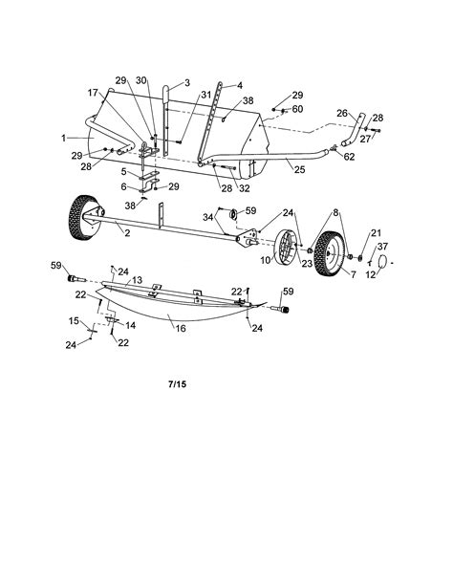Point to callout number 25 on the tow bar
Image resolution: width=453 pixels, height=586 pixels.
(299, 169)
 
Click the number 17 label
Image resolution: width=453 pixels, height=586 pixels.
(94, 93)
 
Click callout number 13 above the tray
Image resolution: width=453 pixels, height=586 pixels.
(137, 280)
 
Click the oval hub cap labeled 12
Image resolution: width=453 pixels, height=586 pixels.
(380, 261)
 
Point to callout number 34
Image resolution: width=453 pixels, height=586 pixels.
(207, 218)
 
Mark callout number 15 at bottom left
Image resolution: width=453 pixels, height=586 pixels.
(74, 319)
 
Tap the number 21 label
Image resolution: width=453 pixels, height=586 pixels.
(376, 232)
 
